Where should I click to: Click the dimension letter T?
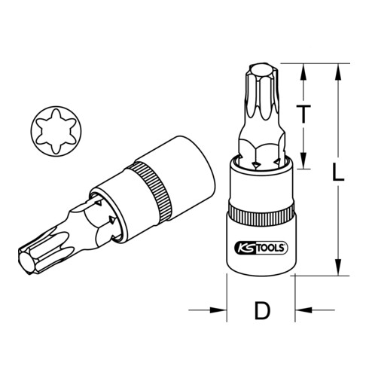coord(303,115)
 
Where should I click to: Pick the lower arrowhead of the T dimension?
coord(303,162)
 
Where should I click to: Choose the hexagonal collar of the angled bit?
coord(90,226)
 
